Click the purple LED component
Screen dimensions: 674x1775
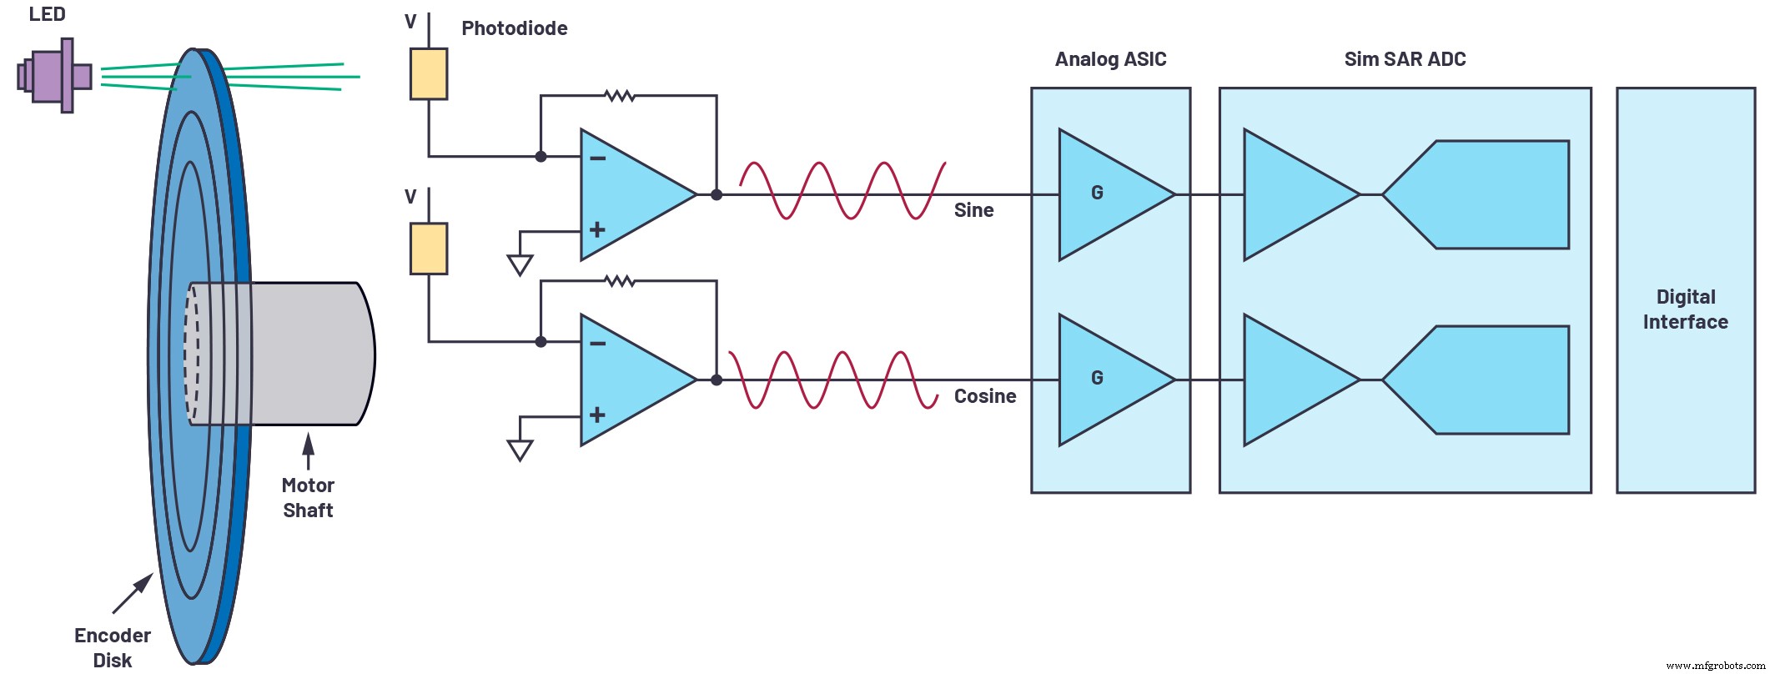click(x=55, y=76)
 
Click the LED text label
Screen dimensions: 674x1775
click(x=47, y=14)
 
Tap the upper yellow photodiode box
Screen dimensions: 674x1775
click(x=428, y=74)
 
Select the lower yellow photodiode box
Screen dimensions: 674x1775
click(x=428, y=249)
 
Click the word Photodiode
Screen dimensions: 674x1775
click(x=514, y=28)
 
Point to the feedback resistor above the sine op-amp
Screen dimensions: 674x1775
click(x=620, y=96)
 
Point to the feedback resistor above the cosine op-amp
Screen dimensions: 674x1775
click(x=620, y=281)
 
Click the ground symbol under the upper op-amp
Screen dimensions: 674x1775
click(x=520, y=265)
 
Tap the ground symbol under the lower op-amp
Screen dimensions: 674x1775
click(x=520, y=451)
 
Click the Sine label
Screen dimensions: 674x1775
click(x=973, y=210)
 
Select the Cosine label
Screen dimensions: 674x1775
click(x=984, y=396)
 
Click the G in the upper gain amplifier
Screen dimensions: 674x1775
click(x=1097, y=193)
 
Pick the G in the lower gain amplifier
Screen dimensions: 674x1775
click(x=1097, y=378)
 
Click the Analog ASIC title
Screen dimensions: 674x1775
click(x=1110, y=59)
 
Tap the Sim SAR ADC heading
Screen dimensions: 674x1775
click(x=1405, y=59)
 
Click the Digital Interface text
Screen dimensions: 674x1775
click(x=1685, y=309)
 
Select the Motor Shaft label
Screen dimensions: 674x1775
click(x=308, y=498)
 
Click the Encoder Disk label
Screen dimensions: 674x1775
click(x=112, y=647)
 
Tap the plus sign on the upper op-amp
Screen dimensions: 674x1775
click(x=597, y=229)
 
